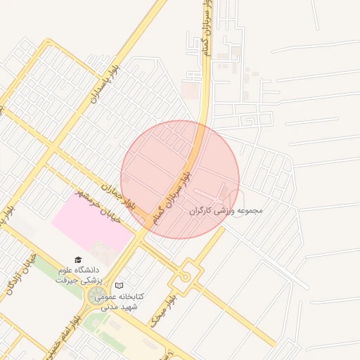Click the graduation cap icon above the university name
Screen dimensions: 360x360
[x=78, y=260]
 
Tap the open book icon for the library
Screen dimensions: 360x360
[x=119, y=286]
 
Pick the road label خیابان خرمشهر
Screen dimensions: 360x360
[x=100, y=207]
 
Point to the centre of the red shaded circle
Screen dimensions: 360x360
[x=180, y=179]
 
